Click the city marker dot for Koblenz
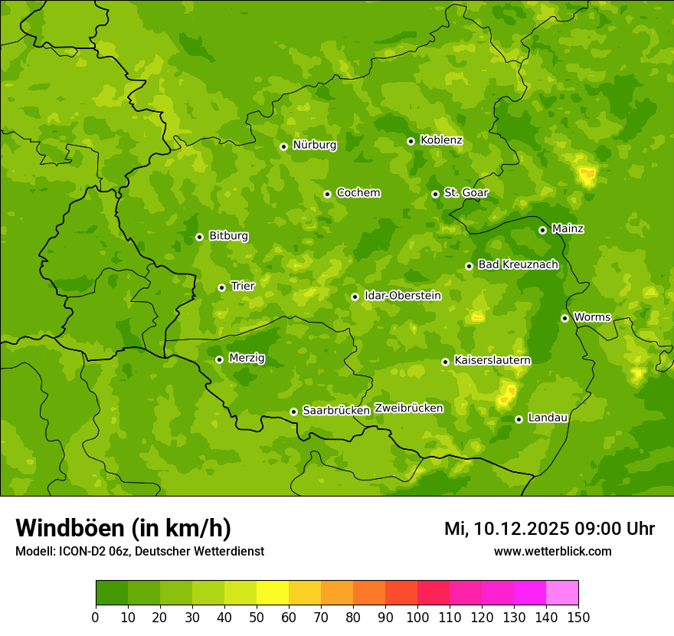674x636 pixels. [411, 141]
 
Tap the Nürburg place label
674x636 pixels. [314, 145]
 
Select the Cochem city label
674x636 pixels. [358, 192]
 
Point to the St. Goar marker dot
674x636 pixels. [435, 194]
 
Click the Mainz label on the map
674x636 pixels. [568, 228]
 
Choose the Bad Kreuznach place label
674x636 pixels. [518, 264]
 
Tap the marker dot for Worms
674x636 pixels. [564, 318]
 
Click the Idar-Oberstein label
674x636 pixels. [402, 295]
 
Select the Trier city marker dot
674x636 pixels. [221, 287]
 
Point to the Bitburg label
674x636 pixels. [228, 235]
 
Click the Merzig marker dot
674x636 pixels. [219, 359]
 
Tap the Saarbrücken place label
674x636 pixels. [335, 410]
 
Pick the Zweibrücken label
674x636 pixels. [408, 408]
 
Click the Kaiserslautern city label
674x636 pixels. [492, 359]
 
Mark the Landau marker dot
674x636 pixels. [519, 419]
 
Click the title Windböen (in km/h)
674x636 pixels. [123, 528]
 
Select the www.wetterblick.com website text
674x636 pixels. [552, 551]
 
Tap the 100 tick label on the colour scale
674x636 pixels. [417, 617]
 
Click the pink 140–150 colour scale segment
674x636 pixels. [562, 593]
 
